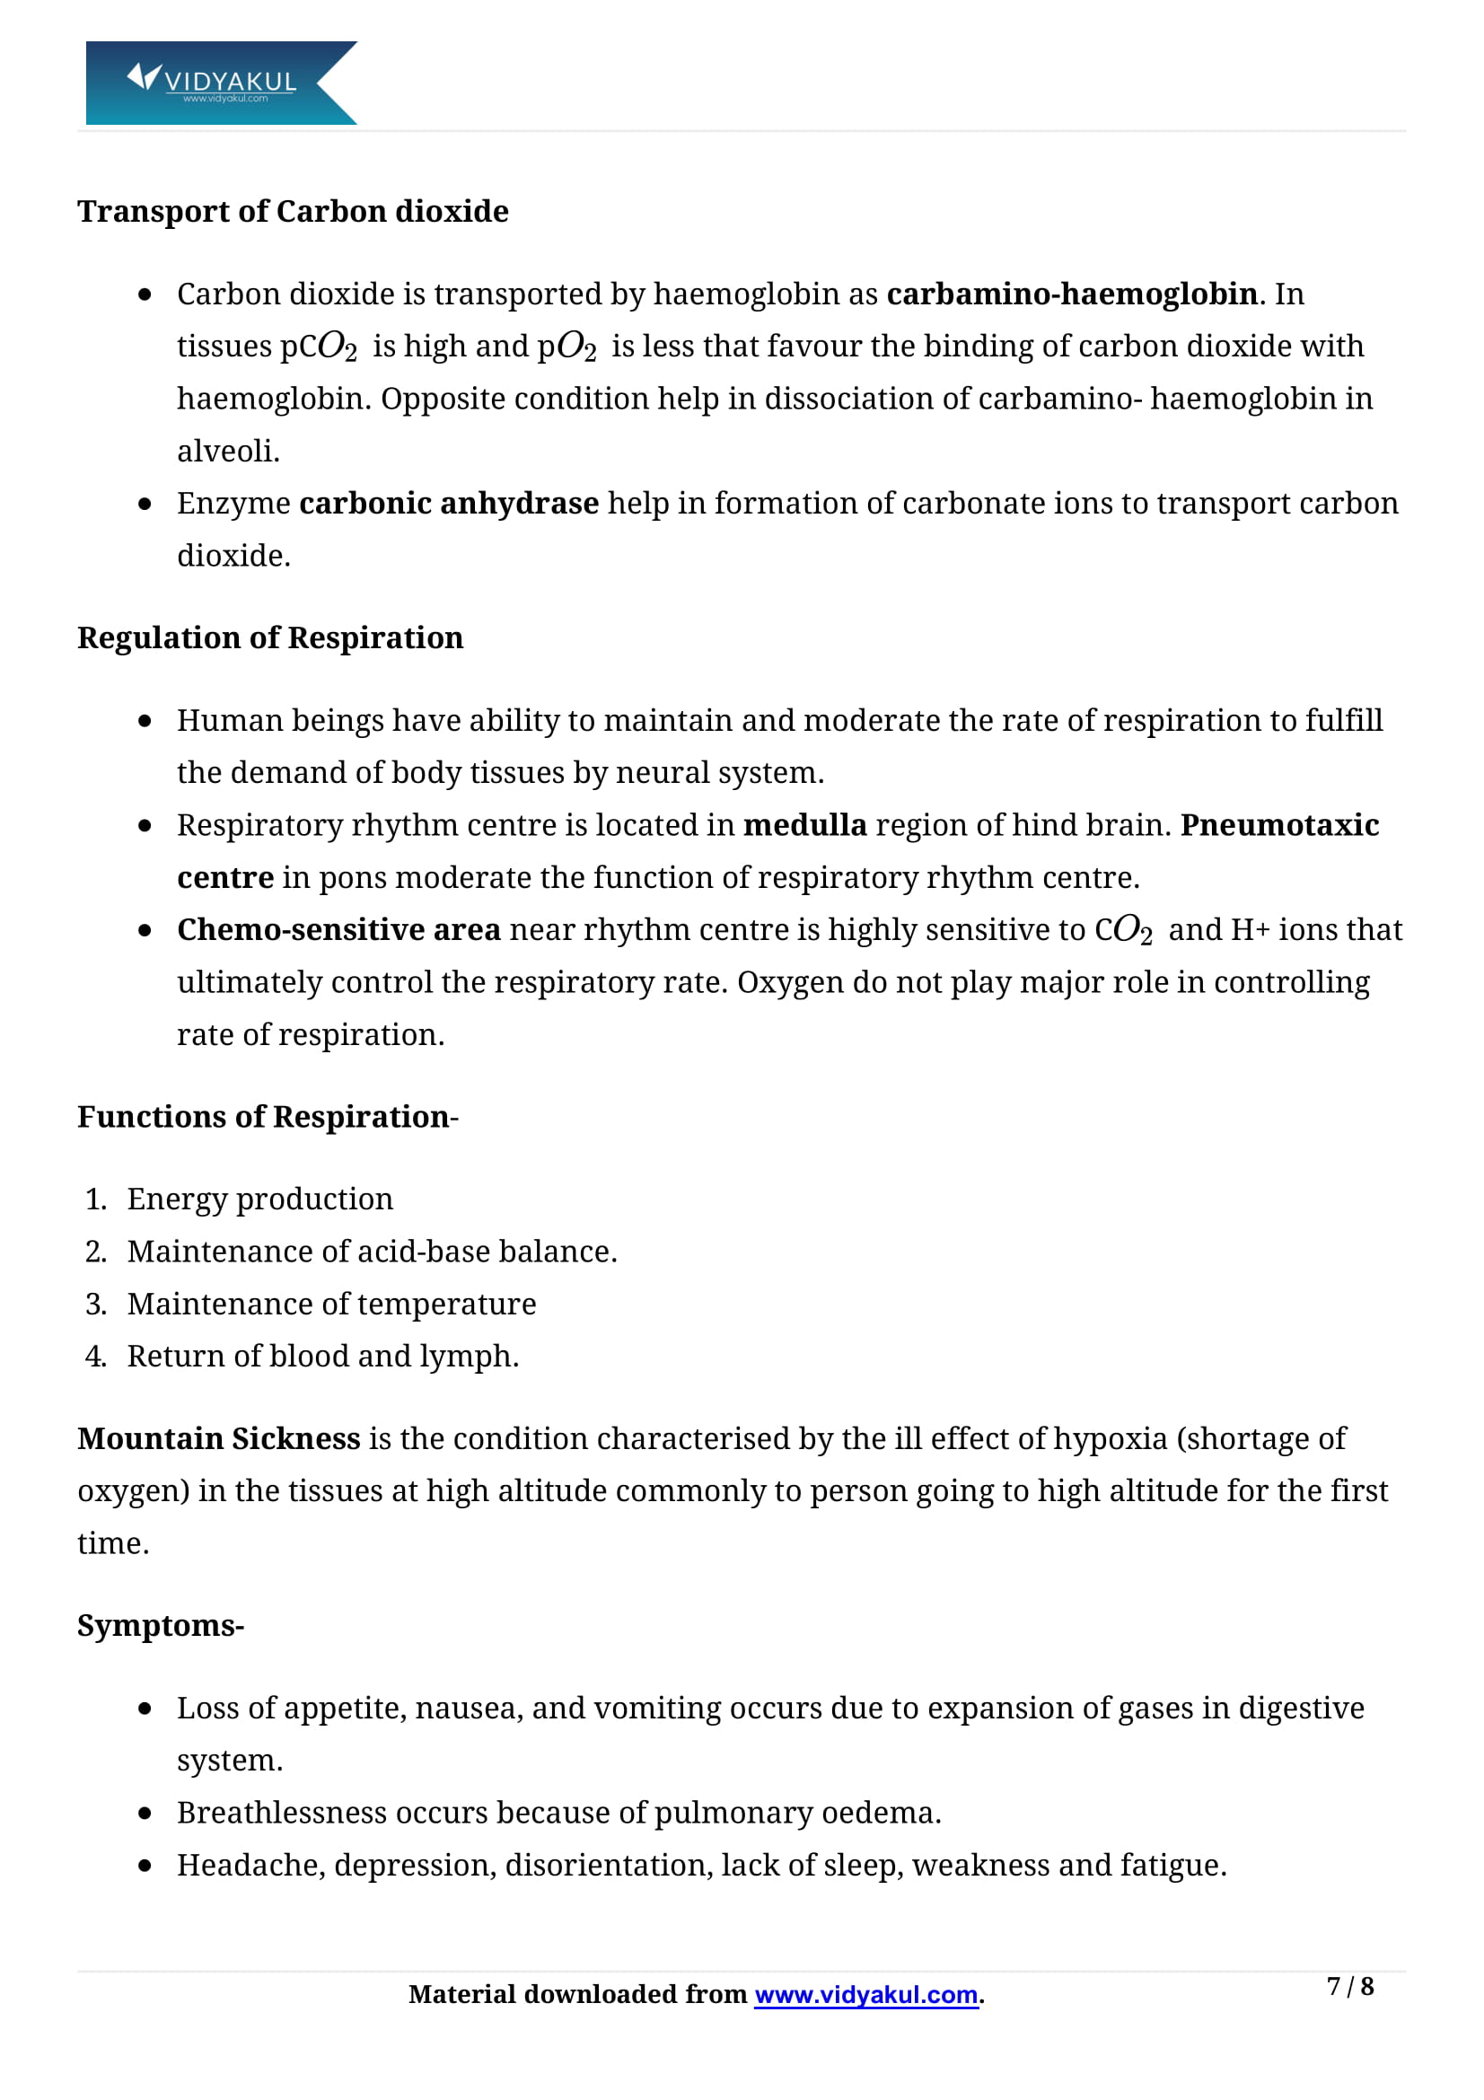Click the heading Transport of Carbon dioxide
click(293, 211)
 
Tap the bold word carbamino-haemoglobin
click(1072, 294)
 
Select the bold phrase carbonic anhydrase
click(448, 503)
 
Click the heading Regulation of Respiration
click(269, 637)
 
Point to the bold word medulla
click(804, 825)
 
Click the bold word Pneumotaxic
click(1279, 825)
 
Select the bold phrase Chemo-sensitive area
click(338, 929)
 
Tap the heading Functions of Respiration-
click(267, 1117)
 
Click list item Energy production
click(259, 1199)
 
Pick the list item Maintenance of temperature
click(331, 1304)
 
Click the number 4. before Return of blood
click(95, 1356)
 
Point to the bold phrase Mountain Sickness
click(218, 1438)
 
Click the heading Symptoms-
click(160, 1625)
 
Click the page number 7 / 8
click(1349, 1986)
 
